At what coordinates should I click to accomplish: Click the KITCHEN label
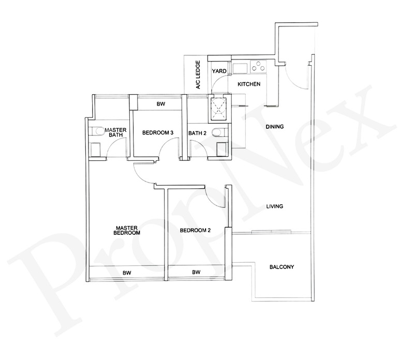249,84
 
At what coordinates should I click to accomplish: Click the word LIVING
274,206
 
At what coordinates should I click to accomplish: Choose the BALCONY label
282,267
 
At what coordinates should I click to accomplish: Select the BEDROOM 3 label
157,133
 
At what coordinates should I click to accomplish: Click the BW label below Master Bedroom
126,272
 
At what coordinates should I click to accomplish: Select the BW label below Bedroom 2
196,272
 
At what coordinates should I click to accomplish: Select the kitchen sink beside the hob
241,67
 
